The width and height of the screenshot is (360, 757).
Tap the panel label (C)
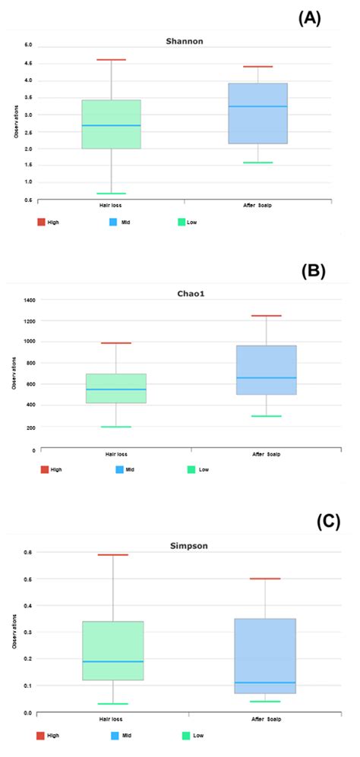[x=327, y=522]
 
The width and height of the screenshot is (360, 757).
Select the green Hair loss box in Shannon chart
[x=112, y=124]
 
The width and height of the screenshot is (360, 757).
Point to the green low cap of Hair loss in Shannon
[x=112, y=194]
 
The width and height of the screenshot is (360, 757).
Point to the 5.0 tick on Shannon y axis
[x=27, y=46]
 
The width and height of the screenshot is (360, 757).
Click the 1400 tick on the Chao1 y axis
[x=30, y=301]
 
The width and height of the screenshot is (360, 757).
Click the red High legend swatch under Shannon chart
[x=43, y=222]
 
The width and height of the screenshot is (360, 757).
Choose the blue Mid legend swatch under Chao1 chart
[x=120, y=470]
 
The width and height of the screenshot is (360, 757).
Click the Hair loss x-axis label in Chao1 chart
[x=116, y=453]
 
